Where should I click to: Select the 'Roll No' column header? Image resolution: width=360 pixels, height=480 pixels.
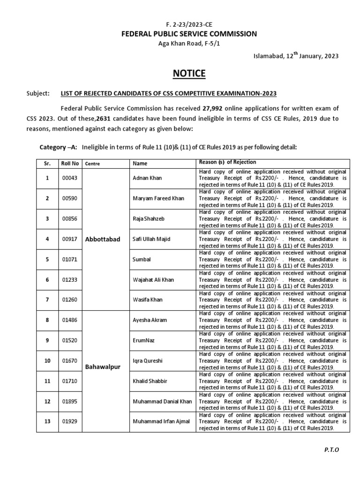[70, 163]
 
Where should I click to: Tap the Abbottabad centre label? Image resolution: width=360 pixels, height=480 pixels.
[103, 239]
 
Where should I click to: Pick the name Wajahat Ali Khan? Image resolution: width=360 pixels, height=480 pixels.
[153, 279]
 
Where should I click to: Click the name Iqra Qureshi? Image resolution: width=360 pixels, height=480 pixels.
[148, 361]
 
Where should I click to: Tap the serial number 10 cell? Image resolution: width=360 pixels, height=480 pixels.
[47, 361]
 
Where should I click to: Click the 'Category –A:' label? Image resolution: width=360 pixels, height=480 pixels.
[59, 147]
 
